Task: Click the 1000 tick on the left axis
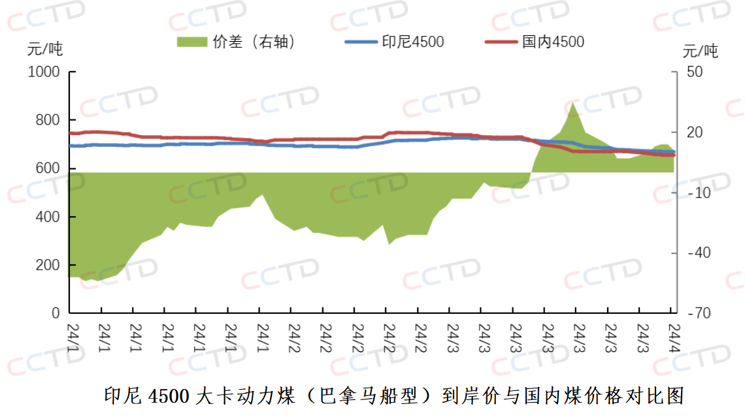click(44, 72)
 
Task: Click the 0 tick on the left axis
click(56, 314)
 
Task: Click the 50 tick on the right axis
click(695, 72)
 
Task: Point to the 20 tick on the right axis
click(695, 132)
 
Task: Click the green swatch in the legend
click(193, 42)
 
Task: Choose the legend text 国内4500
click(553, 42)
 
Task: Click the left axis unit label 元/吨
click(45, 49)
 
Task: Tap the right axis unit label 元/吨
click(700, 50)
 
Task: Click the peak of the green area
click(573, 102)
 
